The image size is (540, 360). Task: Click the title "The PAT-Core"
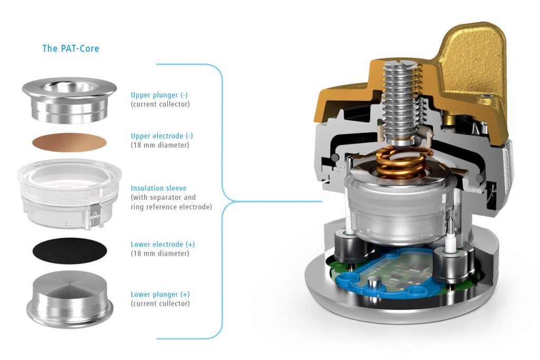(71, 48)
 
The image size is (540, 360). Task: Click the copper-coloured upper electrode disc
(69, 142)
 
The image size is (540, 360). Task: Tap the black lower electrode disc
(70, 250)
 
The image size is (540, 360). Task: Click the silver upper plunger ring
(69, 99)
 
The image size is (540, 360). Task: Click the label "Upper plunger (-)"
(159, 95)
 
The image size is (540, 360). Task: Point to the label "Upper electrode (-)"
(162, 136)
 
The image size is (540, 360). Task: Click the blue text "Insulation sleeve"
(158, 188)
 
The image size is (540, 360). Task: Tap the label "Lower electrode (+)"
(162, 245)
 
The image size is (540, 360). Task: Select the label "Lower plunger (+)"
(160, 295)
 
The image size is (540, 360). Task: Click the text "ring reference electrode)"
(171, 207)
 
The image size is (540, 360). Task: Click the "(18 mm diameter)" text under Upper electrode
(160, 145)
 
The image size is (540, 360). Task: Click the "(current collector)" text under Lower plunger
(160, 304)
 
